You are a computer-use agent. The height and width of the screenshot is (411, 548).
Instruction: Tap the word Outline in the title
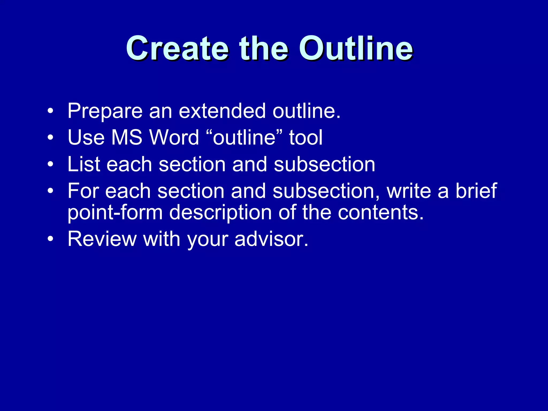[356, 49]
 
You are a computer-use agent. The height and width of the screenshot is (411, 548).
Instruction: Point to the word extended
[222, 111]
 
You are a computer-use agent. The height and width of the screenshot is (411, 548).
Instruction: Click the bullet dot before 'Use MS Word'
[50, 138]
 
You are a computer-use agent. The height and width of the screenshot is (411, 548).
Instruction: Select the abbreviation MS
[126, 138]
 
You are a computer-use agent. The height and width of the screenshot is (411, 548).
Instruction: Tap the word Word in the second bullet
[174, 138]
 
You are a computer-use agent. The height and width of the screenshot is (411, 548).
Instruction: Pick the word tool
[306, 138]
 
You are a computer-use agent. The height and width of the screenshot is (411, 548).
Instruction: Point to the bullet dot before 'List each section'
[50, 164]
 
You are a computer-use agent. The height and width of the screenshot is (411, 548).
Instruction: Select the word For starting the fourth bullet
[83, 191]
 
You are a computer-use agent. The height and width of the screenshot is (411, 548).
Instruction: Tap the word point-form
[115, 213]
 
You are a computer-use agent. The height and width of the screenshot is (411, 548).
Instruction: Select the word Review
[102, 239]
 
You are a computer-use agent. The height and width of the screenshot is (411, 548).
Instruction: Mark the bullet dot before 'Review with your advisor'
[50, 239]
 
